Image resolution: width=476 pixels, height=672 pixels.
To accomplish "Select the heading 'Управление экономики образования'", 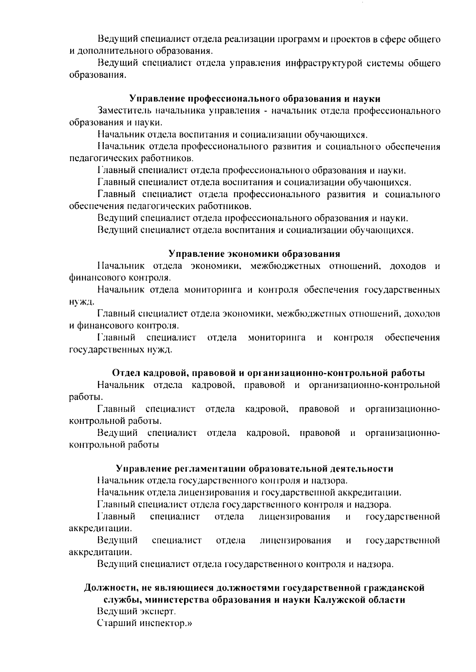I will [x=254, y=254].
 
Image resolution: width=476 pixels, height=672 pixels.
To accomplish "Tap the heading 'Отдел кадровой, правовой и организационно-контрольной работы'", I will [x=269, y=373].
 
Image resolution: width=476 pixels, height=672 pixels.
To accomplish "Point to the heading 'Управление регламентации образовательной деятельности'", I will [x=255, y=468].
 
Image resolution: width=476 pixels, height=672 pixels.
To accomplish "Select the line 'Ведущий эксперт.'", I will [x=136, y=611].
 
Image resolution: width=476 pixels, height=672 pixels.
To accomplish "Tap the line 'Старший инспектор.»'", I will [x=144, y=623].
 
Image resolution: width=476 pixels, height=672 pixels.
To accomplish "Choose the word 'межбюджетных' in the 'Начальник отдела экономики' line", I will [x=286, y=266].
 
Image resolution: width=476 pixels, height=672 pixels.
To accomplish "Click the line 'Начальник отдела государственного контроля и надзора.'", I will [x=222, y=481].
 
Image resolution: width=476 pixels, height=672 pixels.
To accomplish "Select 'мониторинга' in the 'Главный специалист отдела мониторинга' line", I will [x=276, y=337].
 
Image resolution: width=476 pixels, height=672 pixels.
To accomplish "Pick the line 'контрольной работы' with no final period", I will [x=114, y=445].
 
